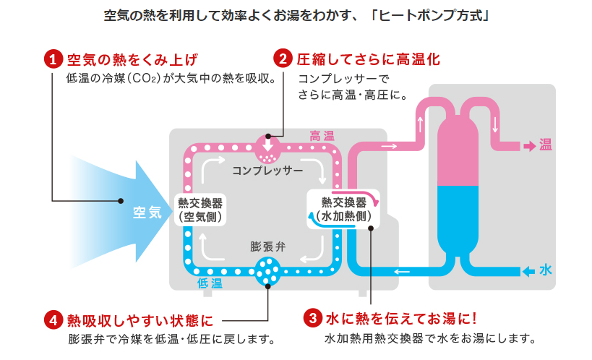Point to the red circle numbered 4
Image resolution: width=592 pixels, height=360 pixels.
pyautogui.click(x=52, y=319)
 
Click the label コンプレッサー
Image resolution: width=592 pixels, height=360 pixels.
pyautogui.click(x=267, y=171)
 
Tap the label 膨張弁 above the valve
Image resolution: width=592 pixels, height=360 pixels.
pyautogui.click(x=268, y=246)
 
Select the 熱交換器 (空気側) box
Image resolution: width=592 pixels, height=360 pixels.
pyautogui.click(x=199, y=209)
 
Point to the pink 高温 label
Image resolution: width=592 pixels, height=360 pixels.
pyautogui.click(x=322, y=136)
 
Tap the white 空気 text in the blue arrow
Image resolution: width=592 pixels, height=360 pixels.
pyautogui.click(x=147, y=212)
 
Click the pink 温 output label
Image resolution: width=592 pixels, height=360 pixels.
pyautogui.click(x=545, y=145)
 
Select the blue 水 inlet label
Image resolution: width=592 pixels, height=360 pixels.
pyautogui.click(x=546, y=270)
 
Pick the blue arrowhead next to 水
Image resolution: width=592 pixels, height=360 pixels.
pyautogui.click(x=528, y=271)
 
